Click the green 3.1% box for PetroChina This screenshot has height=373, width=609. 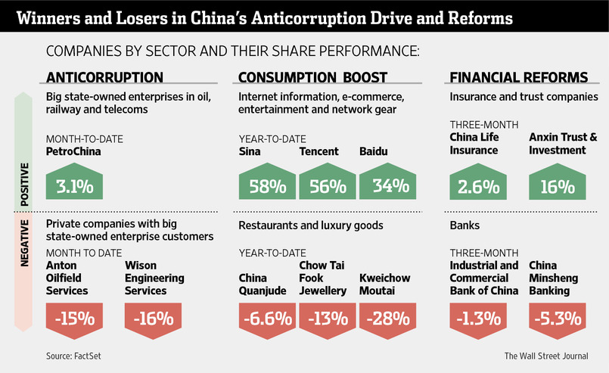pyautogui.click(x=74, y=185)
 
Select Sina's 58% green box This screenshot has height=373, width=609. pyautogui.click(x=266, y=185)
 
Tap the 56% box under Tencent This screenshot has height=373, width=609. pyautogui.click(x=327, y=185)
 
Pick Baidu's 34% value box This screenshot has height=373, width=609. pyautogui.click(x=387, y=185)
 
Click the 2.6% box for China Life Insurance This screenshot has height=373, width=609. pyautogui.click(x=478, y=185)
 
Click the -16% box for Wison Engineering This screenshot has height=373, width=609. pyautogui.click(x=153, y=317)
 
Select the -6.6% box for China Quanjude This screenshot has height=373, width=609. pyautogui.click(x=266, y=317)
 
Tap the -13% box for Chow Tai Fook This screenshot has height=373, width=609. pyautogui.click(x=327, y=317)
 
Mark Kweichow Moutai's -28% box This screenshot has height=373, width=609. pyautogui.click(x=387, y=317)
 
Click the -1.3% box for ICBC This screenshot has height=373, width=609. pyautogui.click(x=478, y=317)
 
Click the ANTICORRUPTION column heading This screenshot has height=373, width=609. pyautogui.click(x=104, y=77)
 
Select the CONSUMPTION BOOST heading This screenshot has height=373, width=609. pyautogui.click(x=312, y=77)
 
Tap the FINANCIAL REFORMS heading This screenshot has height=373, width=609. pyautogui.click(x=518, y=77)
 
